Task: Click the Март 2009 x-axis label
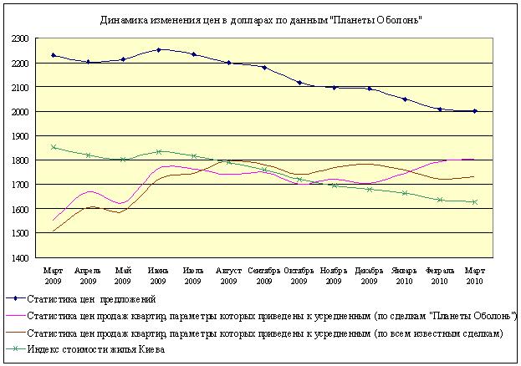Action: pos(53,276)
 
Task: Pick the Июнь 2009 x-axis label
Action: pos(158,276)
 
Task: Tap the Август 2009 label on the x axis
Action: pos(228,276)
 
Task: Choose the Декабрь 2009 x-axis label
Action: pos(369,276)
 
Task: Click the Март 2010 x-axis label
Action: pos(474,276)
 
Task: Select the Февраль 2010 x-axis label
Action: pos(440,276)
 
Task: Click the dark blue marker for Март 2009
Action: pos(53,55)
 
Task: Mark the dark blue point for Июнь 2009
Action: pos(158,49)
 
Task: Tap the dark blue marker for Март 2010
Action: pos(474,111)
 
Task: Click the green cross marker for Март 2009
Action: pos(53,147)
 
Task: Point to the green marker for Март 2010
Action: pos(474,201)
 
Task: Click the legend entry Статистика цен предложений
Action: pos(91,298)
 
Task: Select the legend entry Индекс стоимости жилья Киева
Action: pos(96,350)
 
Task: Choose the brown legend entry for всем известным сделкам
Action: pos(264,333)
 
